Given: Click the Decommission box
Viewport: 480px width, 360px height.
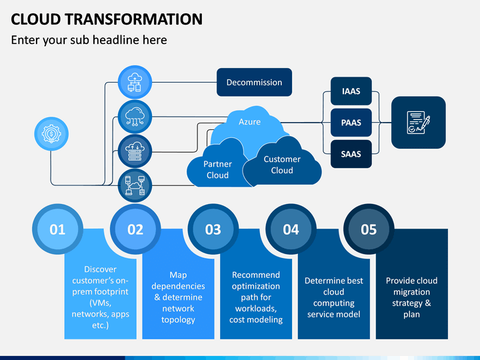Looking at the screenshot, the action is pyautogui.click(x=254, y=82).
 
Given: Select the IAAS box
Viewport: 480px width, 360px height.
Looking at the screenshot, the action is pyautogui.click(x=351, y=91).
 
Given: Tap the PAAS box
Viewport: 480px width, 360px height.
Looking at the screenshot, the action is pyautogui.click(x=351, y=123).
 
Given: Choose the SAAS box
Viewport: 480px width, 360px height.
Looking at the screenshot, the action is pyautogui.click(x=351, y=154).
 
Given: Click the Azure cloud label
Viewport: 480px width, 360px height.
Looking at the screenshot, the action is pyautogui.click(x=249, y=122).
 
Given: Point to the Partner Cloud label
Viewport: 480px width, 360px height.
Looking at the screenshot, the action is pyautogui.click(x=217, y=169).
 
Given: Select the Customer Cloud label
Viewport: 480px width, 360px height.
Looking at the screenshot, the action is pyautogui.click(x=282, y=165).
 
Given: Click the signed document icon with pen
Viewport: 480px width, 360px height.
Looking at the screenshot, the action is pyautogui.click(x=419, y=123).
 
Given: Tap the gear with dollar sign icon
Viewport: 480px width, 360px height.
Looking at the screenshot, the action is pyautogui.click(x=51, y=134).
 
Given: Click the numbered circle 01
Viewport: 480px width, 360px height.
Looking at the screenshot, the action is pyautogui.click(x=57, y=229).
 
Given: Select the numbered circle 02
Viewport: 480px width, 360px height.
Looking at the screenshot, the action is pyautogui.click(x=135, y=229).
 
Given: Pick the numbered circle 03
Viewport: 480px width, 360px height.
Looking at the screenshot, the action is pyautogui.click(x=213, y=229).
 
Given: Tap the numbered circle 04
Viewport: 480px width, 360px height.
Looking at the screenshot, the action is pyautogui.click(x=291, y=229).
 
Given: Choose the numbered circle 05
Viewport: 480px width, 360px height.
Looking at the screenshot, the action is pyautogui.click(x=369, y=229).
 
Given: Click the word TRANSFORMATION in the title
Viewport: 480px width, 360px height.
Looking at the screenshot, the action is pyautogui.click(x=133, y=19).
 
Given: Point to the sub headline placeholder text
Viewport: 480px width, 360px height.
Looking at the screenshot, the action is pyautogui.click(x=89, y=40).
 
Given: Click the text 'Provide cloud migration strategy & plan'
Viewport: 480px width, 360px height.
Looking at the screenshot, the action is pyautogui.click(x=412, y=297).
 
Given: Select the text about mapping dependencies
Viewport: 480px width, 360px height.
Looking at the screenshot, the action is pyautogui.click(x=178, y=297).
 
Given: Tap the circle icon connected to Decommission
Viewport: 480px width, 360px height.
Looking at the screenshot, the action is pyautogui.click(x=135, y=83).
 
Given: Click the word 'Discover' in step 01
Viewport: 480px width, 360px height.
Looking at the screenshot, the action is pyautogui.click(x=101, y=269).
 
